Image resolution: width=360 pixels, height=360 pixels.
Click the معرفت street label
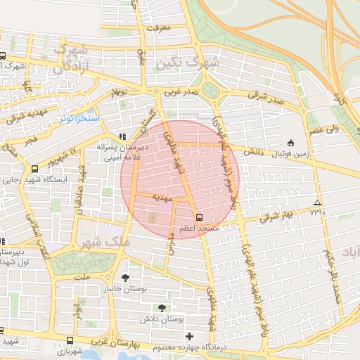159,27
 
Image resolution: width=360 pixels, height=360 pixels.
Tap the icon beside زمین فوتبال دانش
291,142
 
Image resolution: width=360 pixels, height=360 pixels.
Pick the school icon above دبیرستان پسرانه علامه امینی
122,136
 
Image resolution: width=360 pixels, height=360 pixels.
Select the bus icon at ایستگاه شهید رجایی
35,169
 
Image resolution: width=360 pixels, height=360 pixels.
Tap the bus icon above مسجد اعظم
199,217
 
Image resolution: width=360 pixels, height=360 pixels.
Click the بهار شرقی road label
276,216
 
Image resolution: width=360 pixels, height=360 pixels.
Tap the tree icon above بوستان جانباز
125,278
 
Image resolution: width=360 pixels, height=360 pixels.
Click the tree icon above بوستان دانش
162,308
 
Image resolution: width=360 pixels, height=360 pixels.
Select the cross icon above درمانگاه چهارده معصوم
189,336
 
